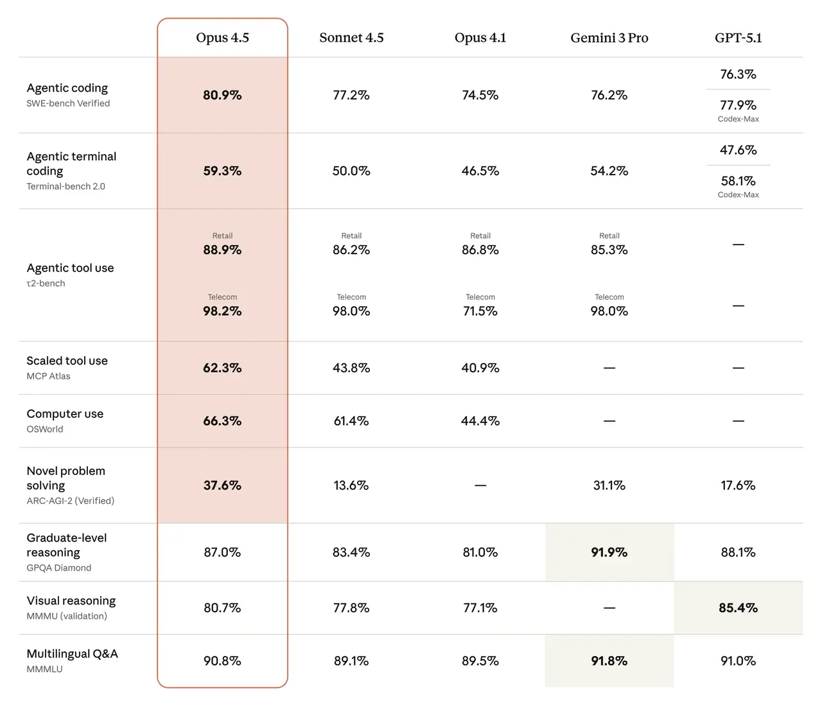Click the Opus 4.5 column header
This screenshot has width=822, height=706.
click(222, 38)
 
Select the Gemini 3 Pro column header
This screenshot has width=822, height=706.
click(609, 38)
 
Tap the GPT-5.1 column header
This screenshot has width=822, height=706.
click(738, 38)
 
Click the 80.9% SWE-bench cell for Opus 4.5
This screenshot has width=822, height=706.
click(222, 95)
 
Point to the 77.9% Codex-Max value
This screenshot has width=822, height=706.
click(738, 105)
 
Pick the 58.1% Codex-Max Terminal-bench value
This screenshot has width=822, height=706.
click(738, 181)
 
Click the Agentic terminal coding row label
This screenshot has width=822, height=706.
click(71, 164)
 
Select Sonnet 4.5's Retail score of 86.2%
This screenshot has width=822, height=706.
click(351, 250)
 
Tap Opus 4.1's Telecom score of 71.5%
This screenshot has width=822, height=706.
click(480, 311)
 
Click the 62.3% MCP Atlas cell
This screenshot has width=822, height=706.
click(222, 368)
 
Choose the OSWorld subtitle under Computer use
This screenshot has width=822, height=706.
click(45, 429)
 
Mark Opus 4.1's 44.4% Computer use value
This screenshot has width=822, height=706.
click(480, 421)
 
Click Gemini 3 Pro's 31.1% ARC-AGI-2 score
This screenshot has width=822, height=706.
click(609, 485)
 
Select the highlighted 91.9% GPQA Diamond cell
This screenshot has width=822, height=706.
click(609, 552)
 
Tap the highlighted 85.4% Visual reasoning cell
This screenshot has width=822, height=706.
click(738, 608)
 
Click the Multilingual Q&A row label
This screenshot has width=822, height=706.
click(72, 654)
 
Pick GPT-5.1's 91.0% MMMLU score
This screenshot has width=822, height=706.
click(738, 660)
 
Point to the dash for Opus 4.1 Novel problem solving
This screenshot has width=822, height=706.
click(480, 486)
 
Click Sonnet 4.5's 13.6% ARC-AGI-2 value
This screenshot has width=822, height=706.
click(351, 485)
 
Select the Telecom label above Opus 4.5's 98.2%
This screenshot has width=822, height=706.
click(222, 297)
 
